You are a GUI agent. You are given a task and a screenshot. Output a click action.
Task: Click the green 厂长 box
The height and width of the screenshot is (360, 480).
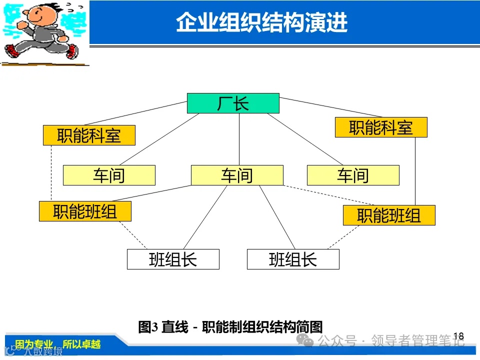233,103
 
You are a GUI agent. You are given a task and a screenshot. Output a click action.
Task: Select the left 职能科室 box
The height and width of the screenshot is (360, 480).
89,135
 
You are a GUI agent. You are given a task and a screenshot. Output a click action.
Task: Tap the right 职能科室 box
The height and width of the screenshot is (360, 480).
381,127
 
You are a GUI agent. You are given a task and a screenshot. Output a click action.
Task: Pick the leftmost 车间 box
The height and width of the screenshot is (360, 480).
109,175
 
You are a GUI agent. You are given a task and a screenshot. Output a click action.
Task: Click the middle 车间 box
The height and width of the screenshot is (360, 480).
237,175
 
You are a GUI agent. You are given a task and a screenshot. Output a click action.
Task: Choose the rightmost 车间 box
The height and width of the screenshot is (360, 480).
353,175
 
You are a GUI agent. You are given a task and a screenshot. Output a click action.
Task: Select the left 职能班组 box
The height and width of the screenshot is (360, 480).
85,211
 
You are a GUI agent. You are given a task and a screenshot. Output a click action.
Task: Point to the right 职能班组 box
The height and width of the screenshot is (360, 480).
389,215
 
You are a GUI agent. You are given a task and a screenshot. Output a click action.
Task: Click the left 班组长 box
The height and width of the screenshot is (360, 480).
173,259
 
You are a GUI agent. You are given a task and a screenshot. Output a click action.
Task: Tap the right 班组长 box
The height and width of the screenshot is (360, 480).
293,259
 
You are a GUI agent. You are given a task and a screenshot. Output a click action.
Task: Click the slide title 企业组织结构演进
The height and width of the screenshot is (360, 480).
261,23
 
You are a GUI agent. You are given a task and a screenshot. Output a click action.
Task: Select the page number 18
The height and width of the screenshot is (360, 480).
458,336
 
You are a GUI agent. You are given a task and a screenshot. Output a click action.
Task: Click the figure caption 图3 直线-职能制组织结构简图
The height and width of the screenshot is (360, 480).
230,327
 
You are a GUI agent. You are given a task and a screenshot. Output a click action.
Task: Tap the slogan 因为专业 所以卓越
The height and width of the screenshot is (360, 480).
57,344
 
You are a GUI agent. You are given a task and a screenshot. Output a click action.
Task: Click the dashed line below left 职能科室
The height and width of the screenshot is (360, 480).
51,173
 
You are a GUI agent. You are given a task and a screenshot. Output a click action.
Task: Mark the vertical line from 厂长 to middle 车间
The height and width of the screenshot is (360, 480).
239,139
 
